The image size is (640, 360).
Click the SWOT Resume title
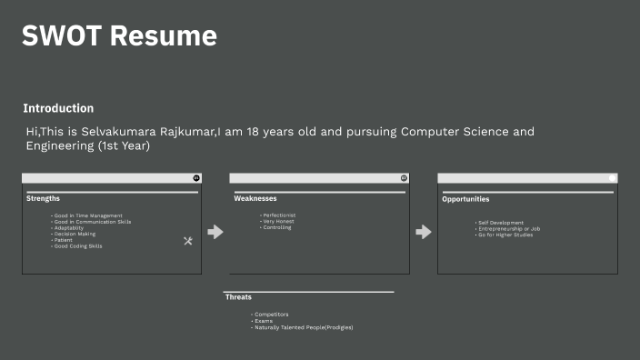119,36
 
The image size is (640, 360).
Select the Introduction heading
58,108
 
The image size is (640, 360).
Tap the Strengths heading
44,198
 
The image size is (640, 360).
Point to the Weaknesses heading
255,198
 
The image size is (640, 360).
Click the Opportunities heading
465,199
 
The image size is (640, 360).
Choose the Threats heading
238,297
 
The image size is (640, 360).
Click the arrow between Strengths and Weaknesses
215,232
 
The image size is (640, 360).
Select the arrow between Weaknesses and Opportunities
424,232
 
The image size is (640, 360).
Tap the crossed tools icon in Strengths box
188,241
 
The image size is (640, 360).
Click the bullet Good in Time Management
87,215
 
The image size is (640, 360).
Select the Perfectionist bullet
278,215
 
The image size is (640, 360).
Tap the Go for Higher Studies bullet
505,235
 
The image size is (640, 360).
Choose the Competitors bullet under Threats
271,315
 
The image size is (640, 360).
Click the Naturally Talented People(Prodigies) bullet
304,327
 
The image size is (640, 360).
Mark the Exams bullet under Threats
264,321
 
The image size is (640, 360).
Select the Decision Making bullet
75,234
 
